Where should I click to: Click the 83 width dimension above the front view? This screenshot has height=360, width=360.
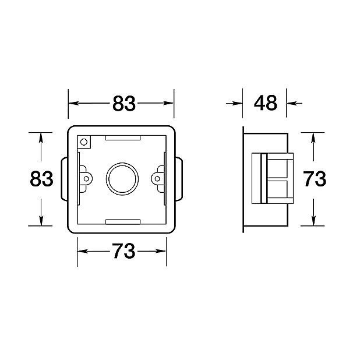point(123,103)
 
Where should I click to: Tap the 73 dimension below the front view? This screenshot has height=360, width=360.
point(123,252)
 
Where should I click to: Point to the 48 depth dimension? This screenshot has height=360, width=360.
point(266,103)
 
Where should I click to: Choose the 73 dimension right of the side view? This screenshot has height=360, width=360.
point(315,179)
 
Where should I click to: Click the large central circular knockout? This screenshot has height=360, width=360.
point(122,178)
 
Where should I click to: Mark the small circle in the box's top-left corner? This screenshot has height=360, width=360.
point(84,142)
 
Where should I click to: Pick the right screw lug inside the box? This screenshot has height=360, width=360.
point(158,178)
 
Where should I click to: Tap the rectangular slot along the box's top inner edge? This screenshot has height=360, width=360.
point(123,138)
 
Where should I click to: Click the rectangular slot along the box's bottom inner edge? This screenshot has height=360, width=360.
point(123,221)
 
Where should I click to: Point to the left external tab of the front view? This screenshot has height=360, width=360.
point(65,179)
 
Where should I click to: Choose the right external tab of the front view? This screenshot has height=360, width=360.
point(179,179)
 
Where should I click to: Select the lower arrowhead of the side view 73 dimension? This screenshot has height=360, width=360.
point(315,221)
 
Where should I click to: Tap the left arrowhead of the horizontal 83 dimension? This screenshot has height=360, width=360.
point(73,103)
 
